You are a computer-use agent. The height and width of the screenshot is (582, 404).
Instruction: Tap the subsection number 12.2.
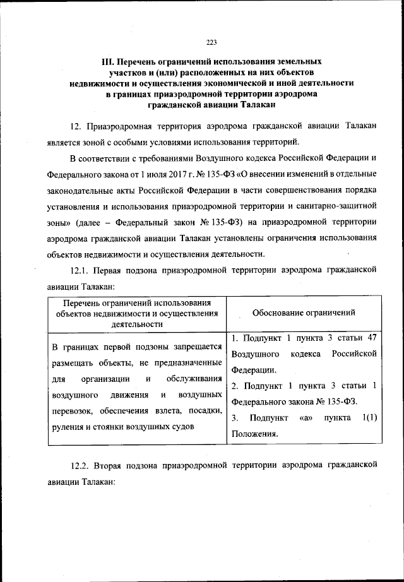click(81, 465)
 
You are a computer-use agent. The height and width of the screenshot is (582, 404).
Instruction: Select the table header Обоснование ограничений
click(304, 312)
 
